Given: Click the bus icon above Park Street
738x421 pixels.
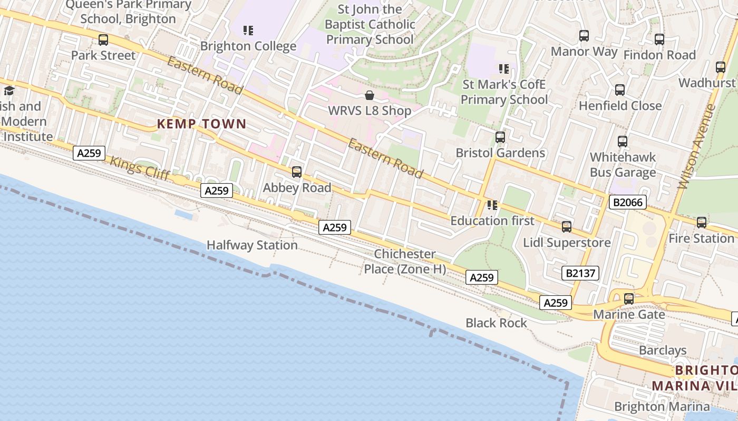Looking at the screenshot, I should click(103, 39).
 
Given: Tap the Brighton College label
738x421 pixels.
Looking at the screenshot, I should click(248, 46).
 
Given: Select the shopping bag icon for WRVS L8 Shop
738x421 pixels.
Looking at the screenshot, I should click(370, 95).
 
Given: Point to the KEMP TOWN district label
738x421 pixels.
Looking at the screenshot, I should click(202, 124).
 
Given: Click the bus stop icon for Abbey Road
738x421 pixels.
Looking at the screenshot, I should click(297, 172).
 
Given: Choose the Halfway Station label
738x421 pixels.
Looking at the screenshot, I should click(252, 245).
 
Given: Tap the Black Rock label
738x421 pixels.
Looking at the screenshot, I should click(496, 323).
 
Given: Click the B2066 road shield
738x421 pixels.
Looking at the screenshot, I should click(627, 202).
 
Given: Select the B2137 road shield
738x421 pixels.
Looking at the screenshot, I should click(580, 273).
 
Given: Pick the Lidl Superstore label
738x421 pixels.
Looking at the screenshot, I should click(567, 243).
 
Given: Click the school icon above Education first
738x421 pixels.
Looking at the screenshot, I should click(492, 205).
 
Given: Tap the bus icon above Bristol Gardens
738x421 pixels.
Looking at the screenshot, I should click(500, 137).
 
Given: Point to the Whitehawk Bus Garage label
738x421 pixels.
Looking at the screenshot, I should click(623, 165).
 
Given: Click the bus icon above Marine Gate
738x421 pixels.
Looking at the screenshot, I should click(629, 299).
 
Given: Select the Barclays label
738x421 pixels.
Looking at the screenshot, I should click(663, 350).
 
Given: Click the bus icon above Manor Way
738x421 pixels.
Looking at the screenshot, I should click(584, 36).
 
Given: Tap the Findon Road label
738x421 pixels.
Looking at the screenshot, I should click(659, 55).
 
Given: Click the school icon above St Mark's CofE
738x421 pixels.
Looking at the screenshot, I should click(504, 68).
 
